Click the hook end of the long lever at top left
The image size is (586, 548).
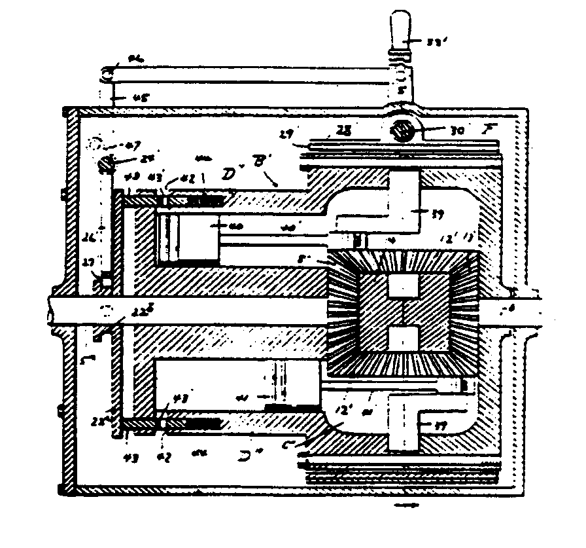click(x=107, y=75)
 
